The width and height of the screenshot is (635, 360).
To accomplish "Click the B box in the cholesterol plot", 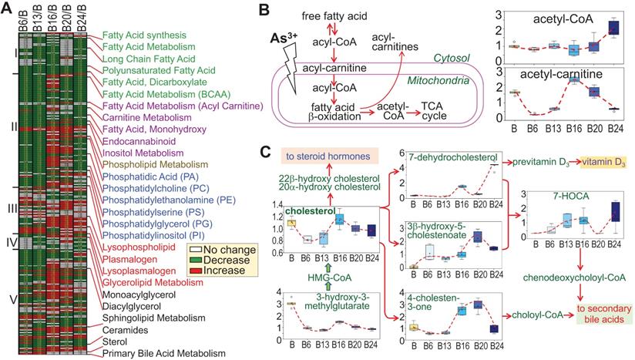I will click(291, 223).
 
